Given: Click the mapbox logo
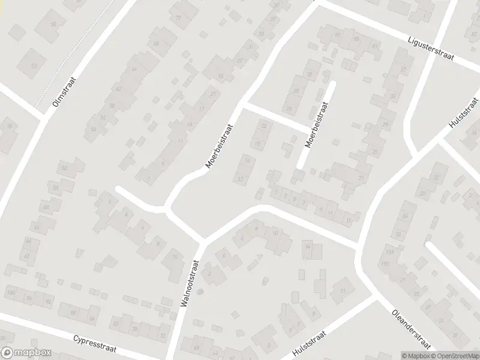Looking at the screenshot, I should pos(26,353).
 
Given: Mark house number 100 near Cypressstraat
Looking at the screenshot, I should pos(10,292).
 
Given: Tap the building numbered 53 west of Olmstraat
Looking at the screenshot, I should pos(34,65).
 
